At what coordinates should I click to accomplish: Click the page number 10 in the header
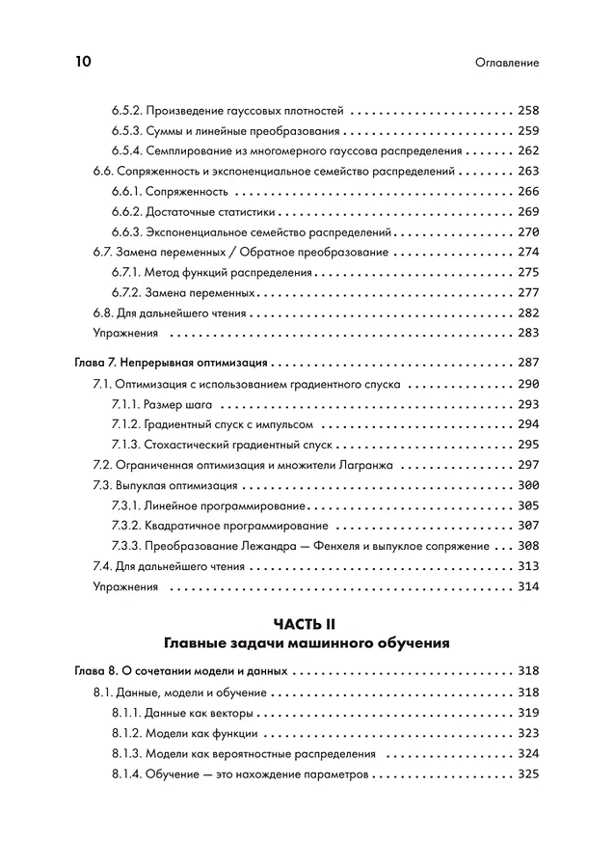[82, 62]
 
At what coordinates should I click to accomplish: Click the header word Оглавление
[507, 63]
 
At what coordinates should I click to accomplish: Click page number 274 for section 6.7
[527, 252]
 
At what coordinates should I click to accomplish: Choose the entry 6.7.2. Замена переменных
[183, 292]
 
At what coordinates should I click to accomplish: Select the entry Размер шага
[188, 404]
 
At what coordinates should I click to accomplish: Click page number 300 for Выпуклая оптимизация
[527, 485]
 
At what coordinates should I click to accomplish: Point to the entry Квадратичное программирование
[236, 526]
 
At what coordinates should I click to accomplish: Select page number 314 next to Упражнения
[527, 586]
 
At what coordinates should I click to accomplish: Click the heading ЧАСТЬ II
[307, 625]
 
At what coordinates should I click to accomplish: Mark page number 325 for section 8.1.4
[527, 773]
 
